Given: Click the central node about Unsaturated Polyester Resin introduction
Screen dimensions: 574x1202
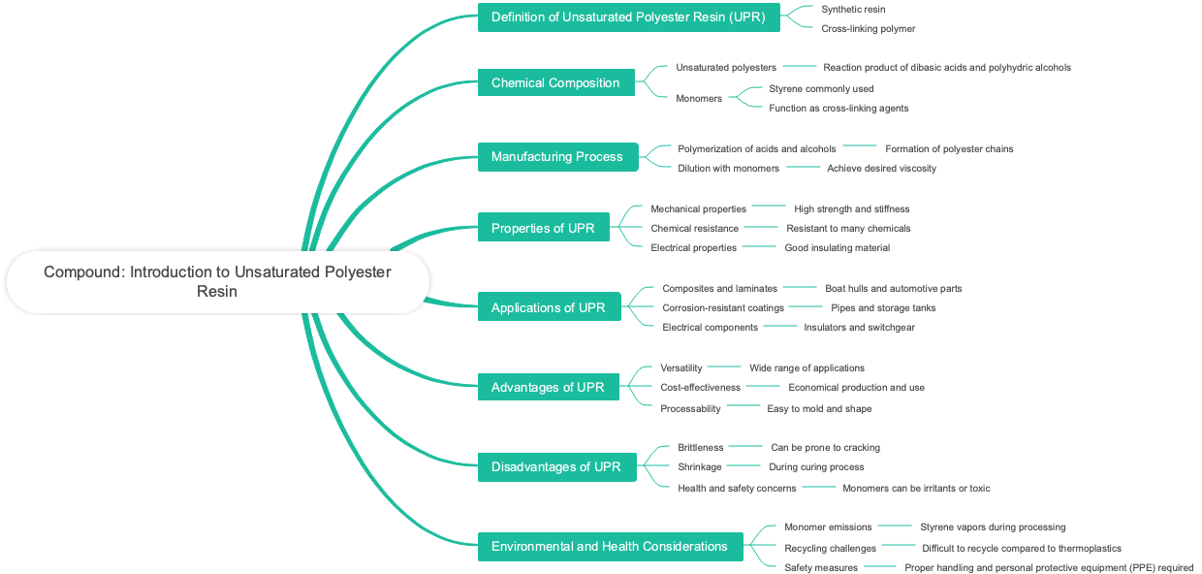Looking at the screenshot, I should coord(217,281).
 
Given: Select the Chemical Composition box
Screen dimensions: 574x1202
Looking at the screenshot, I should coord(555,82).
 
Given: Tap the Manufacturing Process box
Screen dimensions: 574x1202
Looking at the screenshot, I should coord(557,156).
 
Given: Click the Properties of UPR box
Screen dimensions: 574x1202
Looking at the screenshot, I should coord(543,228).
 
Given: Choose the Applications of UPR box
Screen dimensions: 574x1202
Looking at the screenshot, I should coord(549,307).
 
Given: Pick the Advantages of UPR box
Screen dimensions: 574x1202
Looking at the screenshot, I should coord(548,387).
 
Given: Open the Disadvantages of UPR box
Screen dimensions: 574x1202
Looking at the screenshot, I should coord(556,466).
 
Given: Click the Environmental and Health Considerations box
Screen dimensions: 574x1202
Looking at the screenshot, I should coord(610,546).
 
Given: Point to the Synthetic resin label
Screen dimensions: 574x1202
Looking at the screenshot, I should coord(853,9).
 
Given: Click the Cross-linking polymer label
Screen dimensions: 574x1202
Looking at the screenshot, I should coord(868,28).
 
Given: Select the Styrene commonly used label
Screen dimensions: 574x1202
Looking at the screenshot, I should coord(821,88).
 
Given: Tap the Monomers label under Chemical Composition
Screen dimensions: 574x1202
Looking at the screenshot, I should coord(699,98).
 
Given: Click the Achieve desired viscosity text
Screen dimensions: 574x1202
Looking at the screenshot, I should coord(881,168).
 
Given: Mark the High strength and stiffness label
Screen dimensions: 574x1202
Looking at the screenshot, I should coord(851,208).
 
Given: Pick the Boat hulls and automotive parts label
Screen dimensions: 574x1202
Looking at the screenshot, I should coord(893,288).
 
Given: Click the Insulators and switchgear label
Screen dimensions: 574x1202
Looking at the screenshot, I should coord(859,327).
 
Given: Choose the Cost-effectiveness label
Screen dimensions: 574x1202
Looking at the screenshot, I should coord(700,387).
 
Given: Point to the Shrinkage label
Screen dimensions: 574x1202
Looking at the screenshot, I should coord(699,466).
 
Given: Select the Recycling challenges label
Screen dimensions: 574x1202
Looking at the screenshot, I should coord(830,548).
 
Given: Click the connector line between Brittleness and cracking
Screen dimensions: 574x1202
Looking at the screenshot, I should coord(745,446).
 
